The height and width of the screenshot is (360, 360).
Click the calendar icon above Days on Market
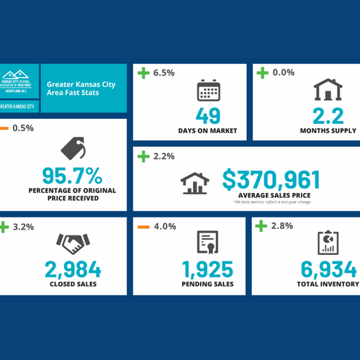click(207, 91)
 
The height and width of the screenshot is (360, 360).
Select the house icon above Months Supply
click(328, 91)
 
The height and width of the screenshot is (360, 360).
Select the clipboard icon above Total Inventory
click(328, 243)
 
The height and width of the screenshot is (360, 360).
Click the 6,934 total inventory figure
click(328, 270)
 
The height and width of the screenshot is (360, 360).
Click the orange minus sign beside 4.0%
click(143, 226)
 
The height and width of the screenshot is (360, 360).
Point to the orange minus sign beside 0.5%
click(5, 129)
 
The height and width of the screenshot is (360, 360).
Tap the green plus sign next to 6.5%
click(143, 72)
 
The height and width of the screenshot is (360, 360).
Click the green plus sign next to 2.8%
click(263, 226)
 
